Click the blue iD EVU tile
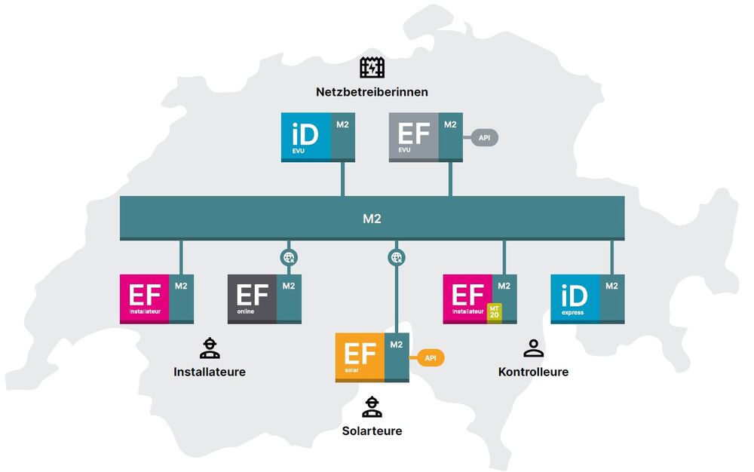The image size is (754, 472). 306,136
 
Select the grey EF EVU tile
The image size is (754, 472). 414,136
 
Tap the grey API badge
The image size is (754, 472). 484,138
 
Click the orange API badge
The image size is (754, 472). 431,357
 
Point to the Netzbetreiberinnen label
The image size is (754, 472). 372,92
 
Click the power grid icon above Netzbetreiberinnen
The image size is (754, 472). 372,68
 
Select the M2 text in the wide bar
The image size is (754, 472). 372,219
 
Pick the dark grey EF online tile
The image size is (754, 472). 253,298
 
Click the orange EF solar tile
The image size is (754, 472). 360,356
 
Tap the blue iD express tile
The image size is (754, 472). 575,298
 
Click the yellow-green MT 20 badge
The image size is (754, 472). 494,311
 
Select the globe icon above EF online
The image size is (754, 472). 289,258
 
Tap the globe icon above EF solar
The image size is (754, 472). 397,258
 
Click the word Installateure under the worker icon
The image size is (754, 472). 210,372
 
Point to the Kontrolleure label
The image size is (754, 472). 533,372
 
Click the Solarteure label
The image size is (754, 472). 372,431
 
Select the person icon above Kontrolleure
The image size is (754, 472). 533,348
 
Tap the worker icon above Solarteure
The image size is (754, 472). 372,407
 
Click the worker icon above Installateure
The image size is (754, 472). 210,348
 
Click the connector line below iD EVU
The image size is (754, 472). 343,179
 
